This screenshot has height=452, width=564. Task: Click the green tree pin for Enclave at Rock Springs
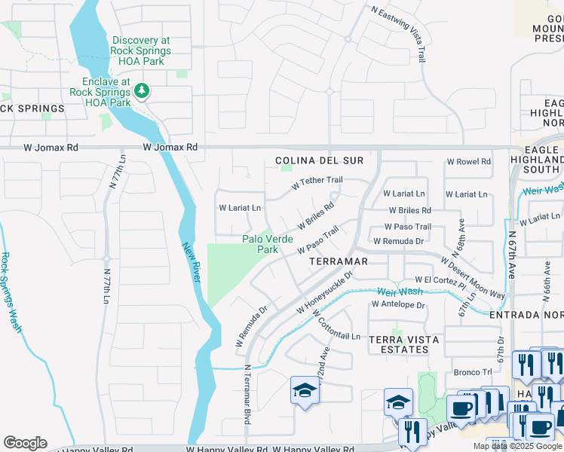coord(141,91)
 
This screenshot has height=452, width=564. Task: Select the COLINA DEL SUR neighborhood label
coord(319,160)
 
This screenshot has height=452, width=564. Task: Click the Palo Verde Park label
coord(268,244)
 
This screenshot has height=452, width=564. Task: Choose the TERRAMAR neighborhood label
coord(339,261)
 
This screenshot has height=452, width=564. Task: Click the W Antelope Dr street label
coord(398,305)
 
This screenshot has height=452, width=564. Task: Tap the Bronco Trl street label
coord(473,372)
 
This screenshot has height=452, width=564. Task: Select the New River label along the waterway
coord(191,261)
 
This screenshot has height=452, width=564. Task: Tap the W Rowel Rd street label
coord(468,161)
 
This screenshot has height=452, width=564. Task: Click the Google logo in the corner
coord(24,443)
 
